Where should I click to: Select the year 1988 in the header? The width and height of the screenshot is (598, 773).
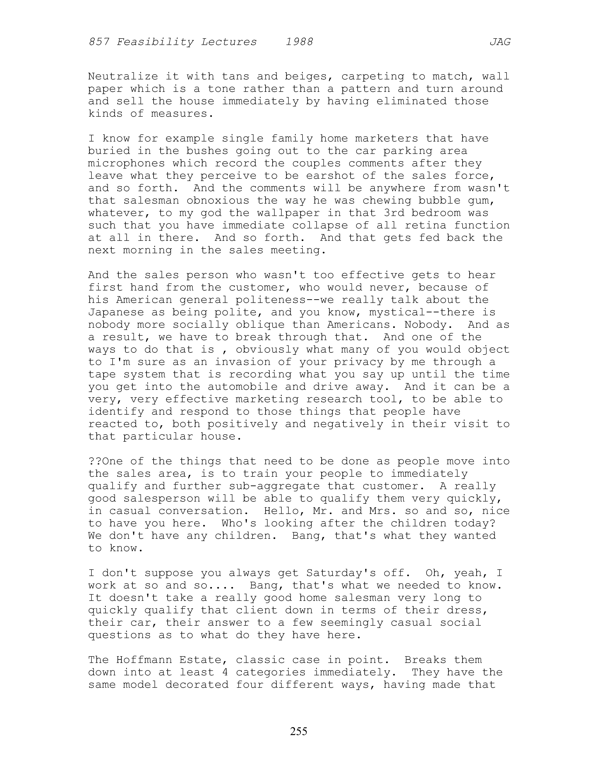pos(299,42)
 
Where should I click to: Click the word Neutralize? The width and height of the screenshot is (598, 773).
pos(123,76)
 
